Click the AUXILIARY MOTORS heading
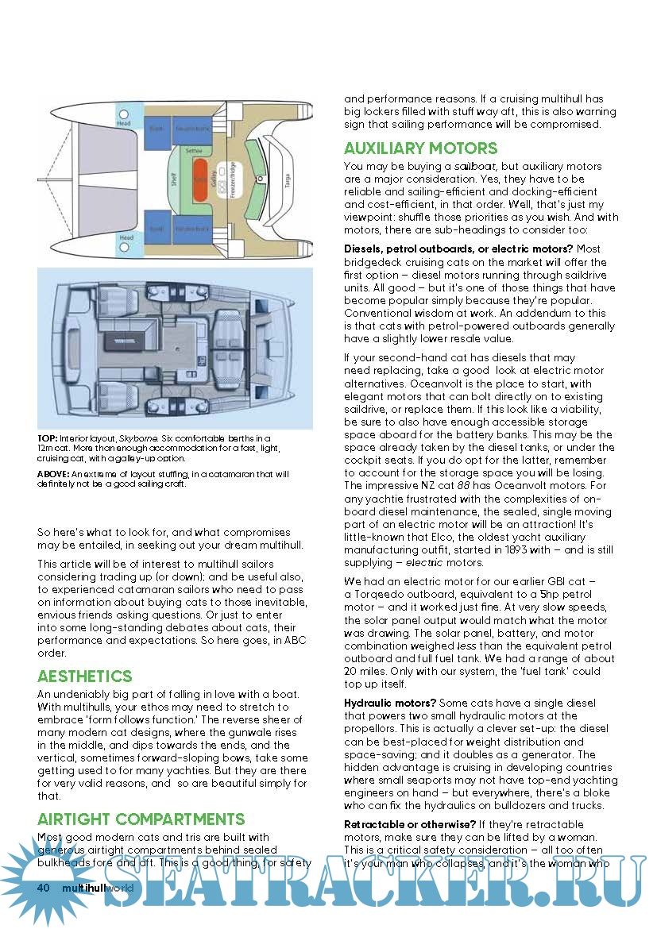click(x=420, y=148)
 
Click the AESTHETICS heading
click(x=84, y=677)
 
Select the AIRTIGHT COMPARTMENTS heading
click(x=141, y=819)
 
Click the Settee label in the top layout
click(x=193, y=149)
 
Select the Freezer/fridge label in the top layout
click(x=233, y=182)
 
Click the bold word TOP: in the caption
click(x=46, y=438)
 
